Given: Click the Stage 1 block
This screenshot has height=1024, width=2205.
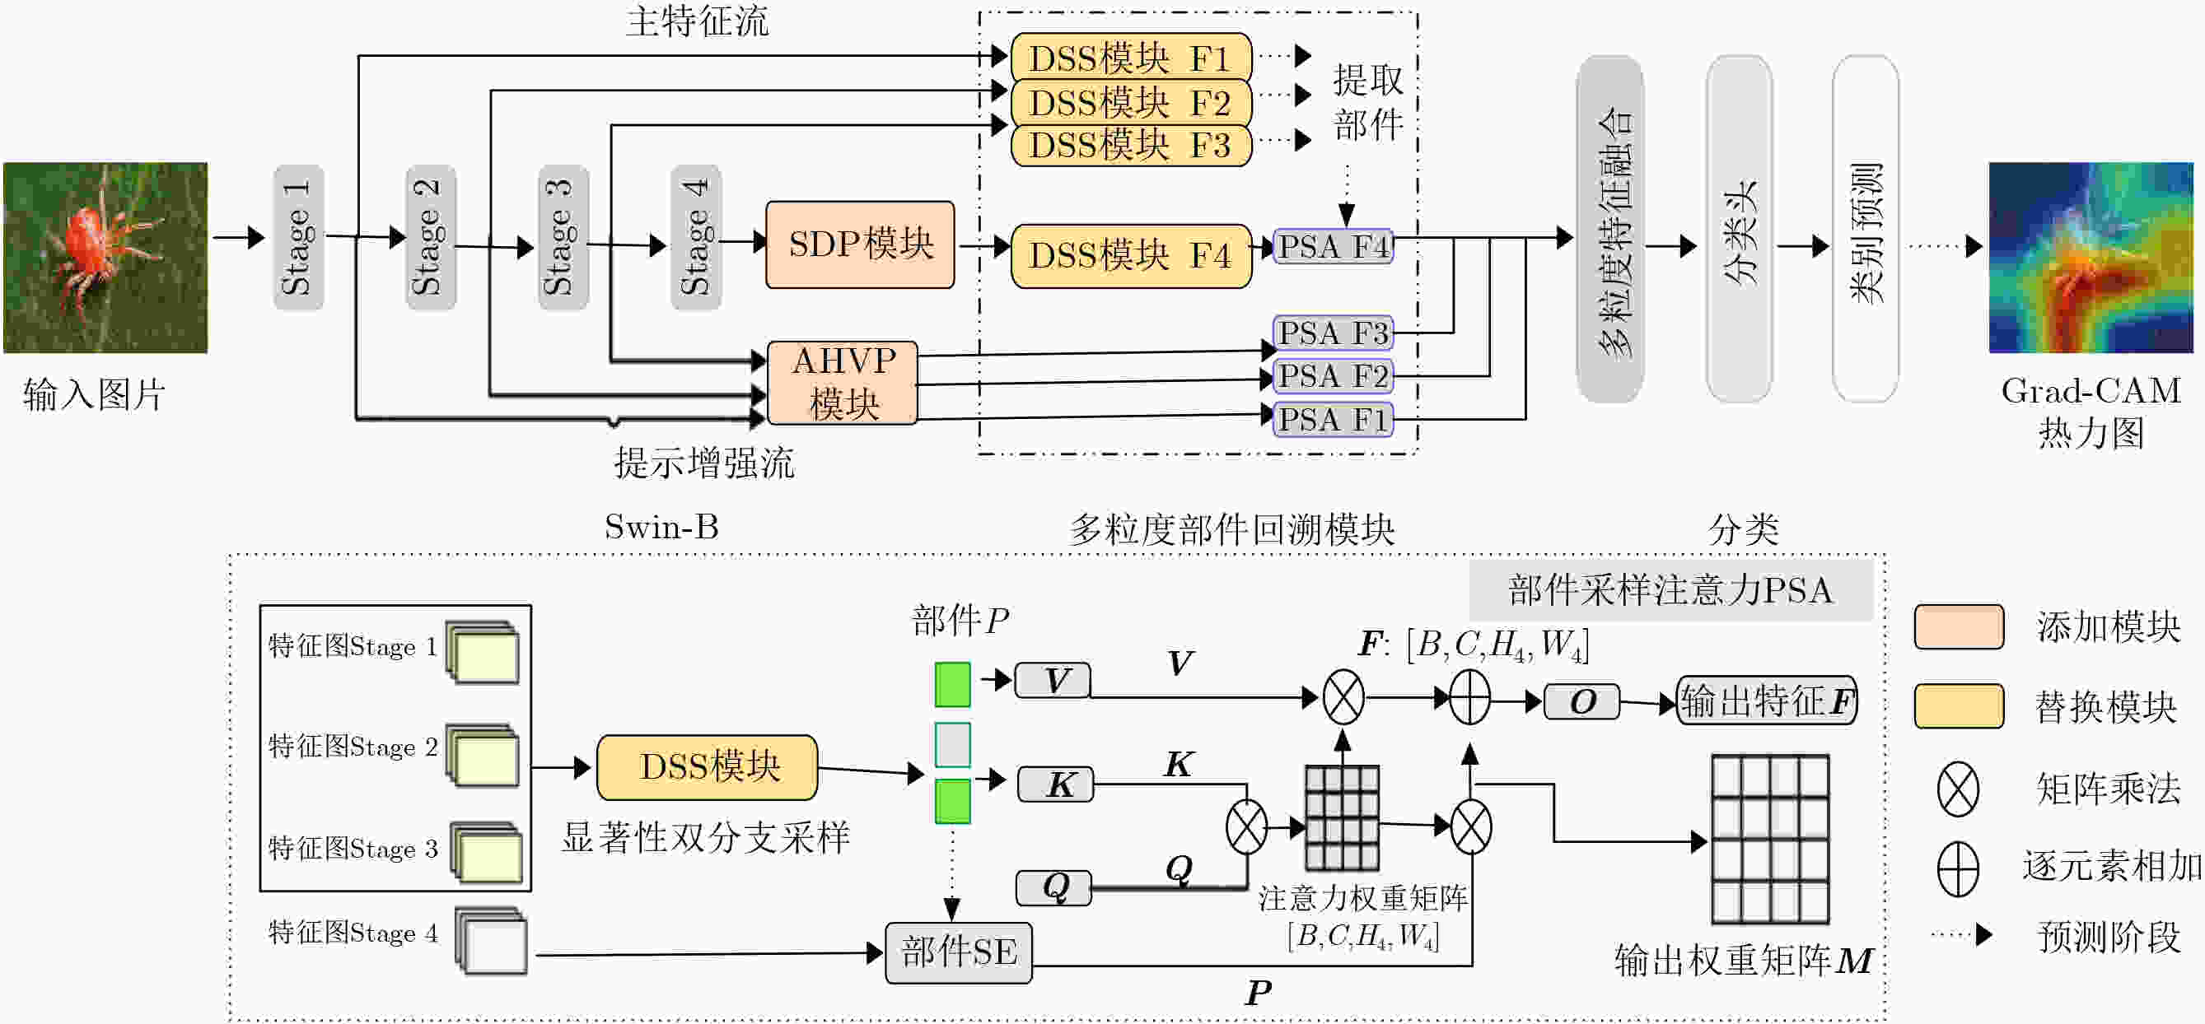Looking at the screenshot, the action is [x=298, y=237].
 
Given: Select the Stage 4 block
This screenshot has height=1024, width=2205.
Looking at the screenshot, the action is [x=696, y=237].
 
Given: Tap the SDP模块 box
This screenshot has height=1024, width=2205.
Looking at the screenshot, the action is [x=860, y=244].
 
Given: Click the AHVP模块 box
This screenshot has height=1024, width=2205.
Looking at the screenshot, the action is [x=843, y=383].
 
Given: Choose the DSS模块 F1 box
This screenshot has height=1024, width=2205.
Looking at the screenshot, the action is [x=1131, y=58].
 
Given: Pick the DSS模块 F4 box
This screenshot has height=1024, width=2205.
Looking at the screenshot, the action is [x=1131, y=256].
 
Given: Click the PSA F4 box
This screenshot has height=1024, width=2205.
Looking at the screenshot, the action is [x=1333, y=246].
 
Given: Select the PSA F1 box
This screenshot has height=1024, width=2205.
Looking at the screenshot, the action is [x=1333, y=420].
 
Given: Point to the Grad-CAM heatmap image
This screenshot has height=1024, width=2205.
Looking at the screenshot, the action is [x=2091, y=258].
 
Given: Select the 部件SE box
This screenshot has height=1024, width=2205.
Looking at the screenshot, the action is [x=959, y=952].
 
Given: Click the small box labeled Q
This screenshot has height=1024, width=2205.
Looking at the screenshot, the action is [x=1054, y=887].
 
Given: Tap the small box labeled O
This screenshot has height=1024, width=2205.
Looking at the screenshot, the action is [x=1581, y=701].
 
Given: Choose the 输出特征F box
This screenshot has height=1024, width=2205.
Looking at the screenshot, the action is [x=1766, y=701].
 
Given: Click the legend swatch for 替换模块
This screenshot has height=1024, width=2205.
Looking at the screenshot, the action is [x=1960, y=705].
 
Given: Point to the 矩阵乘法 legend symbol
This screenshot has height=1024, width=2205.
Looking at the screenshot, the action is [x=1958, y=788].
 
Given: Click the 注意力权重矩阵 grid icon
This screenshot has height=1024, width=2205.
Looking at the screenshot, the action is [x=1342, y=817].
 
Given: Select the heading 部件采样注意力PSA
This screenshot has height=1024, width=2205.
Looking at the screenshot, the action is [x=1671, y=590].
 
